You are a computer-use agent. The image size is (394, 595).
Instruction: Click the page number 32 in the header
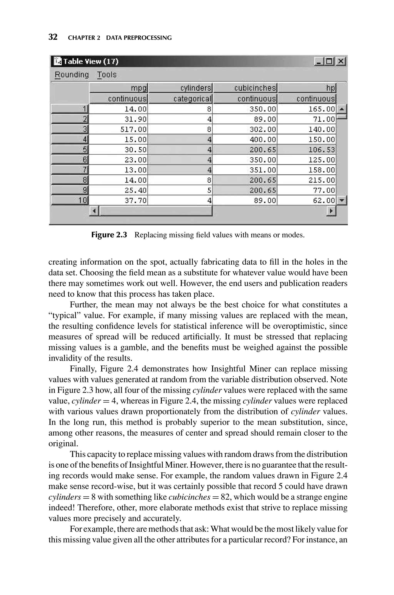point(53,37)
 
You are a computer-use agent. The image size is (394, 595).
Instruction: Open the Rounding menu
point(72,75)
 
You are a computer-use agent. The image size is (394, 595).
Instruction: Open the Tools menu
point(107,75)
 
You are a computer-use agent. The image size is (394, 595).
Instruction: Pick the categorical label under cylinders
point(180,99)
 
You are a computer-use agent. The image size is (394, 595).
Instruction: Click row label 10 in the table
point(70,201)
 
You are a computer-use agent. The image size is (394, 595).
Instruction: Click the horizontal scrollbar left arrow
point(94,211)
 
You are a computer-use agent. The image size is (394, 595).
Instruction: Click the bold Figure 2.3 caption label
point(109,235)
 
